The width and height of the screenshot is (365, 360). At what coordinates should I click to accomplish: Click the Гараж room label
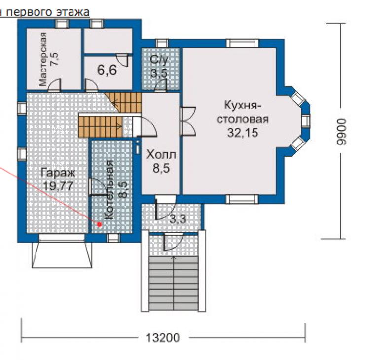click(x=58, y=173)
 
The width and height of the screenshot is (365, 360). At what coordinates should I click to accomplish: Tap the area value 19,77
click(x=58, y=186)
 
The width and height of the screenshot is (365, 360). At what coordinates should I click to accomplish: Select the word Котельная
click(x=109, y=190)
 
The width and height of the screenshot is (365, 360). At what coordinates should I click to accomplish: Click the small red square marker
click(x=100, y=224)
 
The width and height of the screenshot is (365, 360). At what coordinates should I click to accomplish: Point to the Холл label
click(x=161, y=155)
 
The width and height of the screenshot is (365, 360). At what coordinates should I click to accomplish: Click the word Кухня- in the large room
click(x=242, y=106)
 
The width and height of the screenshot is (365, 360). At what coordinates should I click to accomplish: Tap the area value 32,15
click(x=243, y=133)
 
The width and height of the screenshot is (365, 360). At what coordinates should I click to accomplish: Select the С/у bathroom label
click(x=159, y=59)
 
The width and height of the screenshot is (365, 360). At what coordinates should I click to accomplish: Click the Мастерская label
click(x=43, y=59)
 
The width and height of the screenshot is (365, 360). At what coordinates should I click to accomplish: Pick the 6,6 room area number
click(x=107, y=70)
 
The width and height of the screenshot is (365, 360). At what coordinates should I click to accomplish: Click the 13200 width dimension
click(x=163, y=338)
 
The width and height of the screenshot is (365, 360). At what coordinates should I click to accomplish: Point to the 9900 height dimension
click(x=342, y=132)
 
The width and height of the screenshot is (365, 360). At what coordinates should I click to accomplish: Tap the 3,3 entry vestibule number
click(x=178, y=219)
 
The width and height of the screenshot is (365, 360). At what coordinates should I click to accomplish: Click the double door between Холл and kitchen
click(x=187, y=121)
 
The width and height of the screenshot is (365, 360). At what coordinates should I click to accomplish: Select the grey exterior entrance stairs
click(x=174, y=284)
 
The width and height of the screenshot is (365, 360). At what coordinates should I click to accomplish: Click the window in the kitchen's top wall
click(x=243, y=43)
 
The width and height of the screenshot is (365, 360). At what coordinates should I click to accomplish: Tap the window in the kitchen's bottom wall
click(x=242, y=199)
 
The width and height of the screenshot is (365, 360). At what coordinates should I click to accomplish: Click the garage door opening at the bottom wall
click(x=62, y=237)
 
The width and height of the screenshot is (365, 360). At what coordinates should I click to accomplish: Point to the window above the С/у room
click(x=162, y=43)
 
